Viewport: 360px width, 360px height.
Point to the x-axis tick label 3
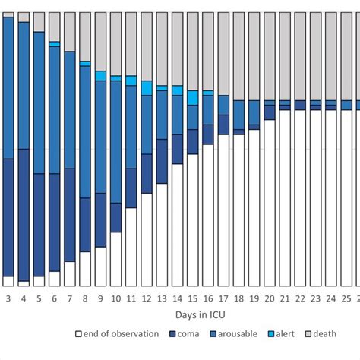tap(8, 298)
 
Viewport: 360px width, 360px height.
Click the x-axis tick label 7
tap(70, 298)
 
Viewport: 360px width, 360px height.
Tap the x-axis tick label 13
tap(162, 298)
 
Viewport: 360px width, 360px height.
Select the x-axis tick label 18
tap(238, 298)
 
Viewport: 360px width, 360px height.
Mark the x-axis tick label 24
tap(330, 298)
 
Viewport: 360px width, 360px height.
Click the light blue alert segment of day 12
tap(147, 87)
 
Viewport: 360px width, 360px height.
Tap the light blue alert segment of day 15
tap(193, 97)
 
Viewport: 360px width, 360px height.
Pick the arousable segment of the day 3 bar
tap(8, 87)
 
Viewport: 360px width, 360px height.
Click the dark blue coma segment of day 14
tap(177, 149)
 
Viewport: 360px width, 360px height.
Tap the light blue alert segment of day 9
tap(100, 76)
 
